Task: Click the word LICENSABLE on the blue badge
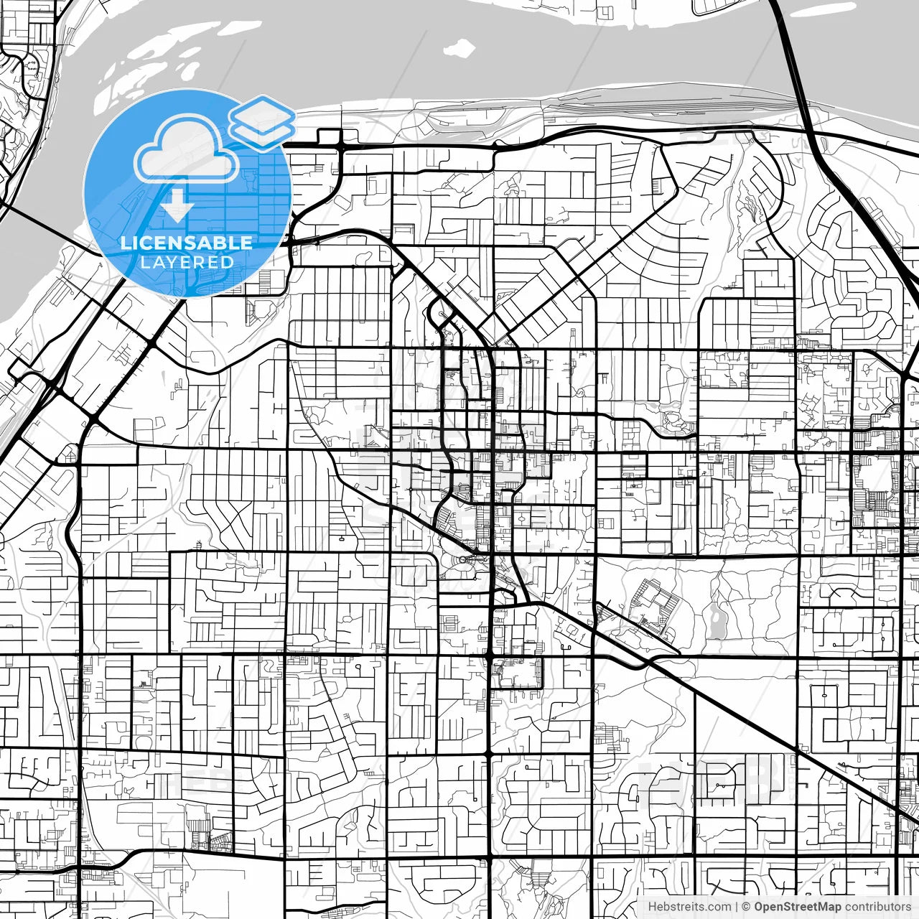[187, 243]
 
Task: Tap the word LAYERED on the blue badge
[187, 263]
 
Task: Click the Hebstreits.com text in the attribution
[689, 907]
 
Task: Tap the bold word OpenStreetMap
[798, 907]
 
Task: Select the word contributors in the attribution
[877, 907]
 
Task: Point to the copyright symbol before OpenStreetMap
[747, 907]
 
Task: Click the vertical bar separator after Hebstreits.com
[737, 907]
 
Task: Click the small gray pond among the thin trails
[717, 621]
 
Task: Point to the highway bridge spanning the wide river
[794, 57]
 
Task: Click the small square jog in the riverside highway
[328, 136]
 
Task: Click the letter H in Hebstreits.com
[652, 907]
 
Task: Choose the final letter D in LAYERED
[228, 263]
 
